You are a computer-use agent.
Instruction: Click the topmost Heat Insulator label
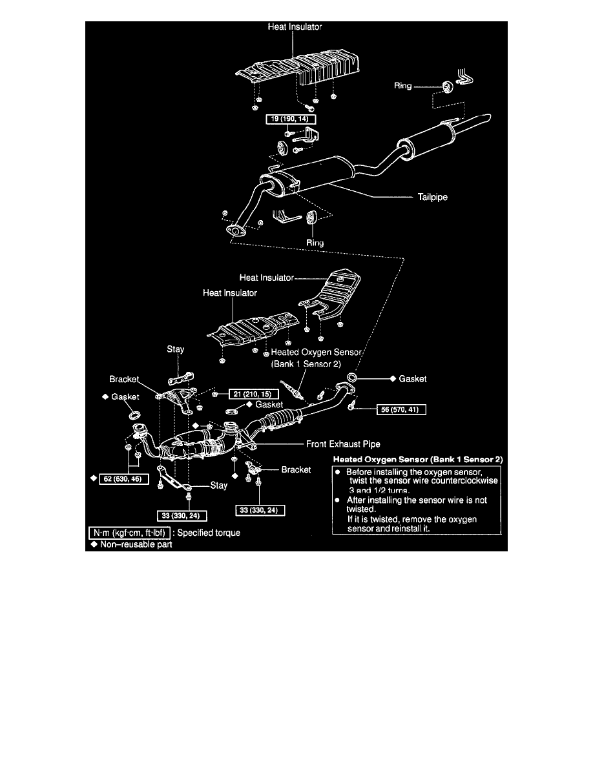[x=295, y=27]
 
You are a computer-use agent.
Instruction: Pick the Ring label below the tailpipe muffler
[x=315, y=243]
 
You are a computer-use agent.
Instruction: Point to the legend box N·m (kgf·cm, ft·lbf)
[x=129, y=533]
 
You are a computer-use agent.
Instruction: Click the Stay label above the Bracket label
[x=176, y=349]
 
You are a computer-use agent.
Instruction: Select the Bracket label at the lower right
[x=296, y=469]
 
